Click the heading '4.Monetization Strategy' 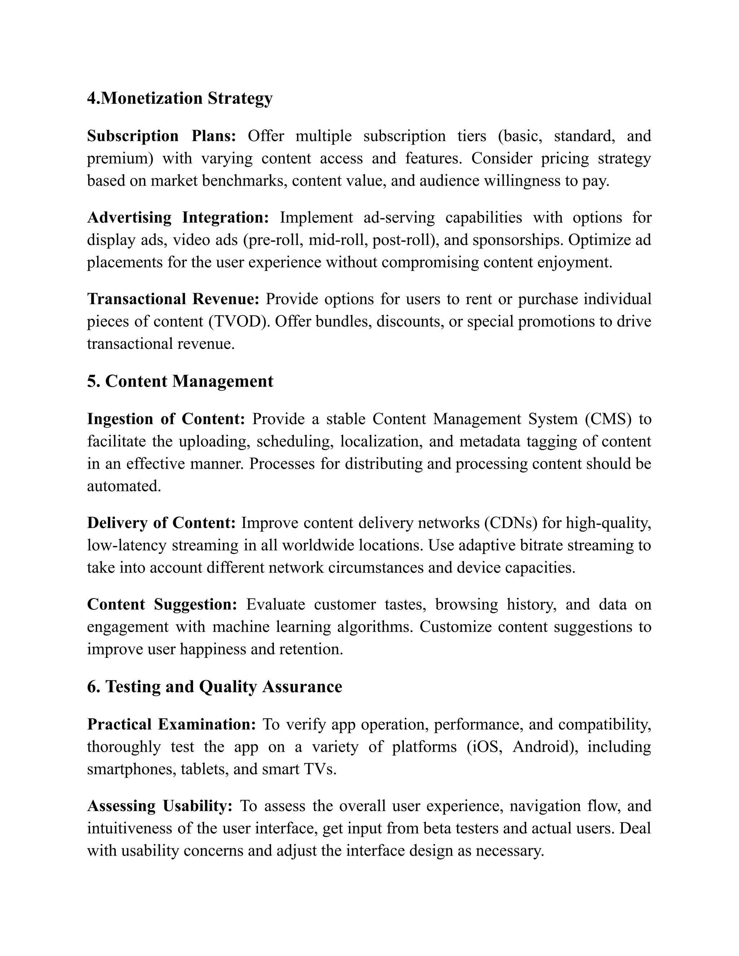179,98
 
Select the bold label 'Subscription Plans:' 161,136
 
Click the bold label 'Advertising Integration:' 178,218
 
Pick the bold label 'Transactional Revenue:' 173,299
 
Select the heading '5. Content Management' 180,381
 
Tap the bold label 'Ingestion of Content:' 166,419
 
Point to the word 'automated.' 124,486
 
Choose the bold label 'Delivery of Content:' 161,523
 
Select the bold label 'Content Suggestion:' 162,605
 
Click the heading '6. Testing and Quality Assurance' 215,687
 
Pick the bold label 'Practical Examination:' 171,724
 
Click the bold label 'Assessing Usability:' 159,806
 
